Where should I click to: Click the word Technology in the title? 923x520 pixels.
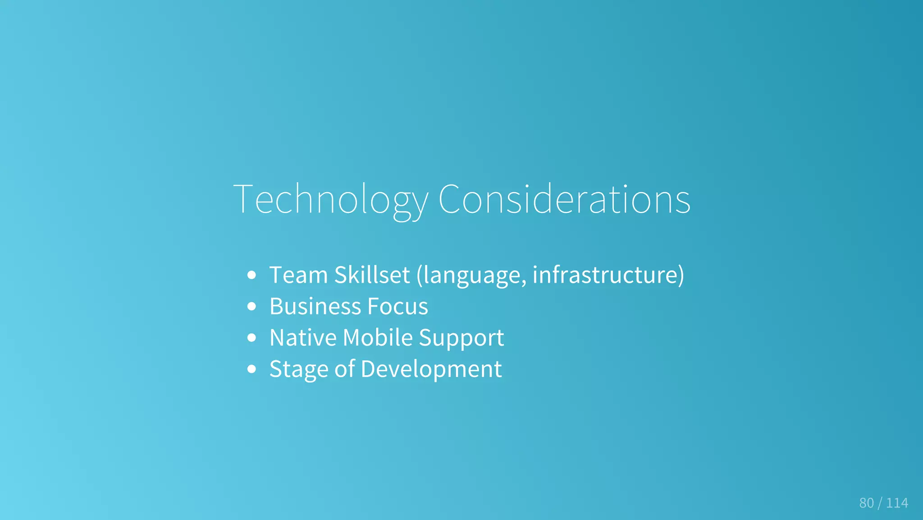(x=331, y=199)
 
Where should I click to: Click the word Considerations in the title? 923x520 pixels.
(x=564, y=199)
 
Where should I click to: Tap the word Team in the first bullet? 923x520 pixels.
(x=298, y=275)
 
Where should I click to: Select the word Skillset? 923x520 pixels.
(x=372, y=275)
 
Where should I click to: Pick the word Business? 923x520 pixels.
(x=315, y=307)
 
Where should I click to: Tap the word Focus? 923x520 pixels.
(x=398, y=307)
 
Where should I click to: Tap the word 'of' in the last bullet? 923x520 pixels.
(x=345, y=369)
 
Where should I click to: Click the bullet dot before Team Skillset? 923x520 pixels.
(x=252, y=275)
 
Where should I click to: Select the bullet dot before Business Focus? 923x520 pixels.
(x=252, y=307)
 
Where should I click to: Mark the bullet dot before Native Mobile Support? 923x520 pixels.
(x=252, y=338)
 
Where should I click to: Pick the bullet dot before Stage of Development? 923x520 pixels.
(x=252, y=369)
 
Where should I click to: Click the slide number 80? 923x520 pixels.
(x=866, y=503)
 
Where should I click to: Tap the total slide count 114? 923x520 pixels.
(x=897, y=503)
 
